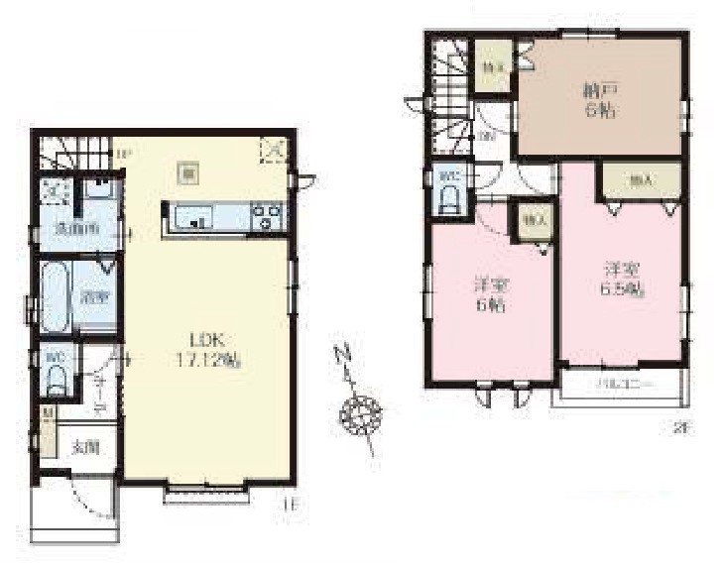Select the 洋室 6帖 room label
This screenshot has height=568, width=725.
[x=488, y=295]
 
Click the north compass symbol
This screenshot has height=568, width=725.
[x=360, y=409]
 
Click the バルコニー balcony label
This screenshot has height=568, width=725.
[x=622, y=383]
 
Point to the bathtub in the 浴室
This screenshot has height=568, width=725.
[x=55, y=296]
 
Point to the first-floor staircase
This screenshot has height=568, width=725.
[x=74, y=155]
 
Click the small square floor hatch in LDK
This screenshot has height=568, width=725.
[x=185, y=170]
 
